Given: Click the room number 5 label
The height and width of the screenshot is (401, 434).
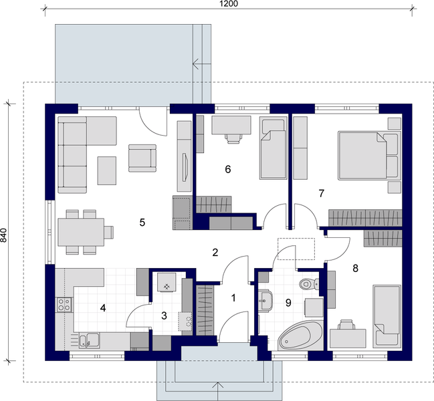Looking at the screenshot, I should [142, 223].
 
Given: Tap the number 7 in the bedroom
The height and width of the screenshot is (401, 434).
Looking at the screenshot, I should [322, 194].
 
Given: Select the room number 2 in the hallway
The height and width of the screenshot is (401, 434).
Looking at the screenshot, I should [215, 253].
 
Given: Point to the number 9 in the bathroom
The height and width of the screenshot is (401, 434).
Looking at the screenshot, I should [288, 303].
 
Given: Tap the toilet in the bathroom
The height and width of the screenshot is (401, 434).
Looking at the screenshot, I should [308, 283].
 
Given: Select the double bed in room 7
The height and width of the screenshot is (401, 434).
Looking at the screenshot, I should [368, 156].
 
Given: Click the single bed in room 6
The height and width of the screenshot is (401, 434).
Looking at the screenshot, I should [272, 148].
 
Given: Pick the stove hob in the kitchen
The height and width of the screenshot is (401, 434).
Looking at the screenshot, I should [64, 305].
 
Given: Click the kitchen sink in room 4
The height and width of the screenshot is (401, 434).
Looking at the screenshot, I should [85, 341].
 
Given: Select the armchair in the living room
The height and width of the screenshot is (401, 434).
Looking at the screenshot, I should [142, 158].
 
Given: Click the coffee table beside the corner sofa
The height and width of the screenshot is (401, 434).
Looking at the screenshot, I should [107, 170].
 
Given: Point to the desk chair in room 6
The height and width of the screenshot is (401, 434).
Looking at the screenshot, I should [233, 137].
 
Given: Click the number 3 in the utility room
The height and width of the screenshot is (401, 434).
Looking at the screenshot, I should [164, 315].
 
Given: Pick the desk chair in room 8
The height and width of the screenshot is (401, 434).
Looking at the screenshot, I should [345, 325].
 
